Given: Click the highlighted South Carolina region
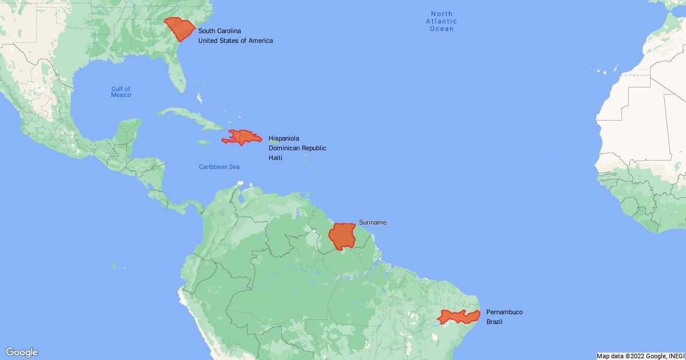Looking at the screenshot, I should click(x=180, y=29).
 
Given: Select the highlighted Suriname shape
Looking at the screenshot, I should click(x=342, y=236).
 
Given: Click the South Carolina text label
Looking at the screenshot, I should click(x=220, y=30).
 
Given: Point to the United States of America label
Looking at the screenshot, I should click(x=235, y=41).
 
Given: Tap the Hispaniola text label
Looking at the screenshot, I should click(x=284, y=138).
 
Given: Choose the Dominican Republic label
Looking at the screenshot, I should click(x=297, y=148).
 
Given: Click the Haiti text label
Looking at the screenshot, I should click(x=276, y=157).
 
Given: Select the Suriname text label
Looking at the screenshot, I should click(x=373, y=222).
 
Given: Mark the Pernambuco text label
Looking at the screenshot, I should click(x=504, y=312).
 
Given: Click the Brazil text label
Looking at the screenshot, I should click(x=494, y=322).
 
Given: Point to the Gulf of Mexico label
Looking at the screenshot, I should click(x=121, y=91).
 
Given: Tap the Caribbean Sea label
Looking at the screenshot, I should click(x=219, y=167).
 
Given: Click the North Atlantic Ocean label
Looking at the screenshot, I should click(x=442, y=21).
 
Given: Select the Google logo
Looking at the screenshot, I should click(x=22, y=352).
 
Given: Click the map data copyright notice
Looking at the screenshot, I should click(x=640, y=356).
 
